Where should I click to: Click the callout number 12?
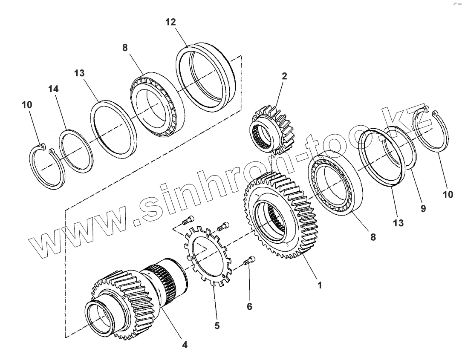(x=170, y=22)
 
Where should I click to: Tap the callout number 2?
(x=284, y=76)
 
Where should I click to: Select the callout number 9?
(x=423, y=209)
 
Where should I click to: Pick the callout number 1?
(x=319, y=285)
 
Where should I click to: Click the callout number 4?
(x=185, y=345)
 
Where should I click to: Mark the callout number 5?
(x=217, y=326)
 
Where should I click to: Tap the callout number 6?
(x=250, y=306)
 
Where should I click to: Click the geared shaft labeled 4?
(x=136, y=294)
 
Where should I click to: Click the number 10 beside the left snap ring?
(x=26, y=104)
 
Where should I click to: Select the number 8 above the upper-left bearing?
(x=125, y=48)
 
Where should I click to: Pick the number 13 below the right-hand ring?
(x=398, y=223)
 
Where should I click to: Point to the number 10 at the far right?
(x=448, y=194)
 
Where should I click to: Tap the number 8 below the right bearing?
(x=373, y=237)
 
